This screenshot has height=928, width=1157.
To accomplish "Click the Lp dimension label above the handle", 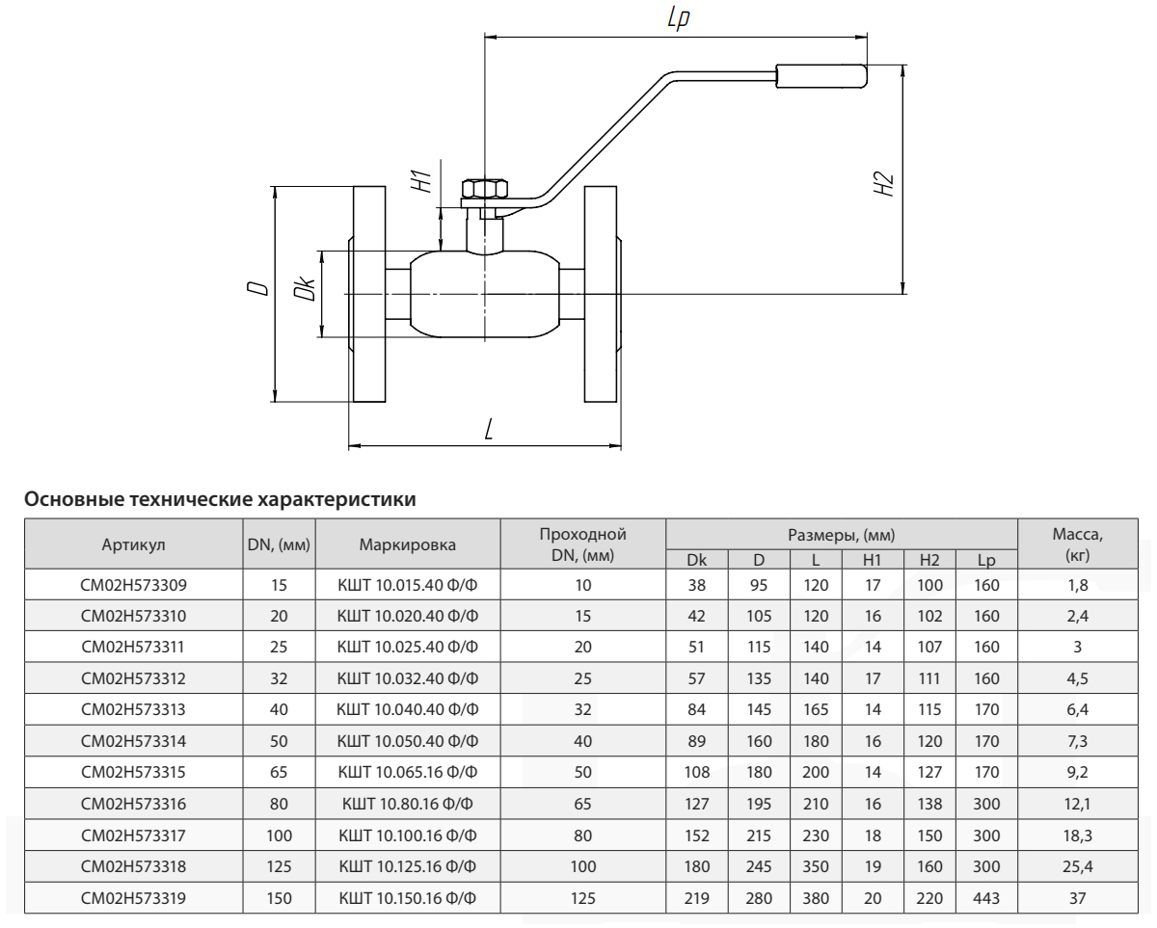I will point(677,18).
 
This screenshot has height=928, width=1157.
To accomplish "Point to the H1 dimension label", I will point(419,179).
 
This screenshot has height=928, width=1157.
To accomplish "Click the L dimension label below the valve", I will point(489,430).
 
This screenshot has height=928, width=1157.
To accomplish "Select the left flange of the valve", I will point(370,293).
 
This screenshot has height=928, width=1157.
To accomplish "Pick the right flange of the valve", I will point(601,293).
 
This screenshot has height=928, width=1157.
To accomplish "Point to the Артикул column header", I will point(133,545).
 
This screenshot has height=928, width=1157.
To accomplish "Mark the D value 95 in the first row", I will point(758,584).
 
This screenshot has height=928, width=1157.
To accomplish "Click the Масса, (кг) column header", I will point(1078,545).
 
